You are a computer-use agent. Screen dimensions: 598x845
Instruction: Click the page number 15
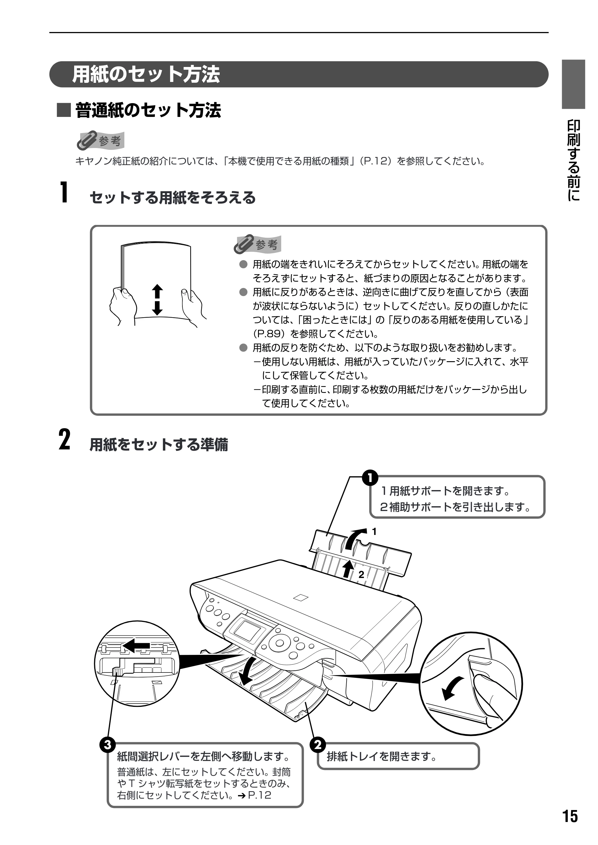570,816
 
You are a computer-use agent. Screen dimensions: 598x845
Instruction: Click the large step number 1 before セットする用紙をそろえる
64,192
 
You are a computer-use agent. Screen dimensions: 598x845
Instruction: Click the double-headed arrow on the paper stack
158,299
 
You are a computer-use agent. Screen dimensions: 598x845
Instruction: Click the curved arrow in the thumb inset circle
451,688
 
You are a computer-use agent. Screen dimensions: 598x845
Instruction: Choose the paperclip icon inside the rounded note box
244,244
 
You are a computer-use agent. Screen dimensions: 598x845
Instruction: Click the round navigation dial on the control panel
280,643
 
